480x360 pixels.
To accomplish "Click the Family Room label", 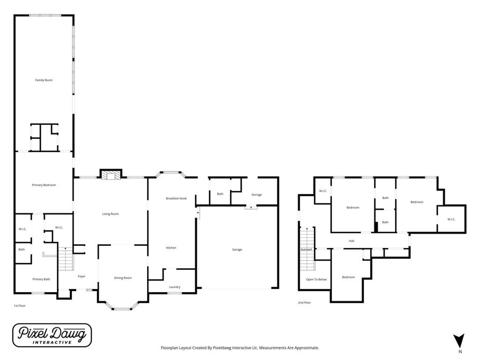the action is click(x=44, y=80).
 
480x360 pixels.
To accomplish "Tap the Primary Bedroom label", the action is click(x=44, y=185).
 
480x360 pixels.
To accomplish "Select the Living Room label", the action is click(x=110, y=214).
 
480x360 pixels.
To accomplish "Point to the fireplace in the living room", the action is click(x=110, y=175).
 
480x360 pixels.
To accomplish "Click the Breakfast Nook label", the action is click(x=177, y=198).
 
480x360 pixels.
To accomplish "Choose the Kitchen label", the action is click(x=171, y=247).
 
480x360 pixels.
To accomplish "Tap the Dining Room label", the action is click(x=123, y=278).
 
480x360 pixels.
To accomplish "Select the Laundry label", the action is click(x=174, y=287).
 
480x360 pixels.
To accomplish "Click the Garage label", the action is click(x=237, y=250).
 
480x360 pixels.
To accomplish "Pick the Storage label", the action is click(x=257, y=195).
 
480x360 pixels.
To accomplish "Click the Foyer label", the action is click(x=82, y=276).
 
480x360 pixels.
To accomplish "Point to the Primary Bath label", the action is click(x=41, y=279).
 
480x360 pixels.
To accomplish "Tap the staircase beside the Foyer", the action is click(x=66, y=259).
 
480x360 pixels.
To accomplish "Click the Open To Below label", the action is click(x=316, y=279).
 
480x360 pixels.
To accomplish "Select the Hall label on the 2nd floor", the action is click(x=351, y=241).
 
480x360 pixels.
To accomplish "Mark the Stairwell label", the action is click(x=306, y=250).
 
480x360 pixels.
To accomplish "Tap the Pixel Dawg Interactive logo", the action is click(x=52, y=335).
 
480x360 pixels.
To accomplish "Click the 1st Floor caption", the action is click(x=20, y=306).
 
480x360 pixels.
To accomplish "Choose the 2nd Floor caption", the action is click(x=305, y=302).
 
